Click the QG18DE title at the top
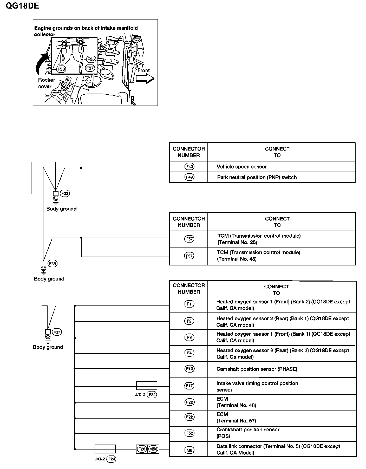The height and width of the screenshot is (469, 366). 22,5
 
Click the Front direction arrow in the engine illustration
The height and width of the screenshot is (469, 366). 145,78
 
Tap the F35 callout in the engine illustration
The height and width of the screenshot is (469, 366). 91,59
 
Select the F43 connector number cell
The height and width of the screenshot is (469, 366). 189,167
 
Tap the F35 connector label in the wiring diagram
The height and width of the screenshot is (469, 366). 53,263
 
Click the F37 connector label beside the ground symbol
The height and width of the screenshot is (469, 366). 57,332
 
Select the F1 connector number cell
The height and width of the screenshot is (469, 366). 189,304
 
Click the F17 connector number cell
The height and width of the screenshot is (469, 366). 189,386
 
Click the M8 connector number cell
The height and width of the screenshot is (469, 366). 189,450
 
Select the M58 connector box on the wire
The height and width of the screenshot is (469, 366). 153,449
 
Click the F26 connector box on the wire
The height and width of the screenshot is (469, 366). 142,449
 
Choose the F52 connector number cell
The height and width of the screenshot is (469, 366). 189,433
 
